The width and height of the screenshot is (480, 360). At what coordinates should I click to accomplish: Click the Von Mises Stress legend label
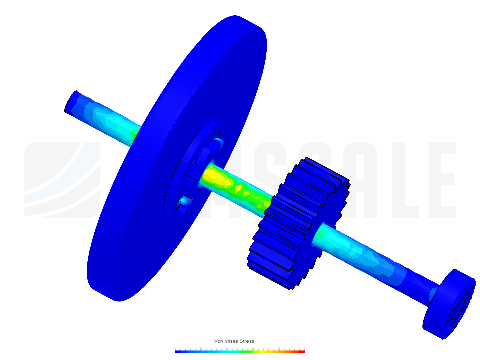[x=234, y=341]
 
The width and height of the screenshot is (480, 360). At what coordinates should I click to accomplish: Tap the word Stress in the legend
[x=247, y=341]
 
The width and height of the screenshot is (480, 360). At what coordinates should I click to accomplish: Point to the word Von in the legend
[x=218, y=341]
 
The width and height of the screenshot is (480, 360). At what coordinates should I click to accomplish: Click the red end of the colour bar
[x=303, y=351]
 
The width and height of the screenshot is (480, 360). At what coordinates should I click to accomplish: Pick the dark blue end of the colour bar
[x=177, y=351]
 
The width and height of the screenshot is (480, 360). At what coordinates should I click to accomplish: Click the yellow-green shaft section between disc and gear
[x=233, y=183]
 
